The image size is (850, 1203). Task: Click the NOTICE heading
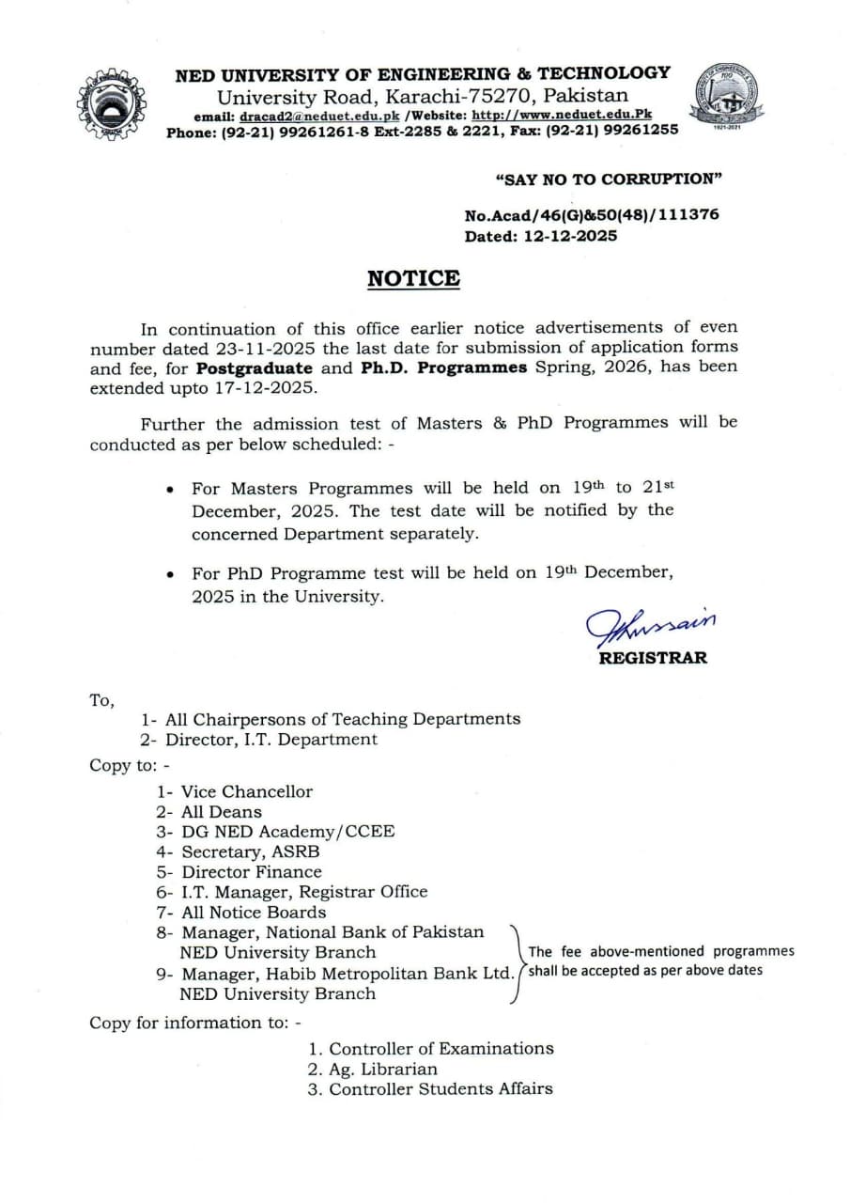coord(413,279)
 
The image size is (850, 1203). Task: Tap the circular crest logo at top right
coord(729,99)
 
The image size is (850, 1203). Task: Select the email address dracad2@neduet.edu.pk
coord(319,116)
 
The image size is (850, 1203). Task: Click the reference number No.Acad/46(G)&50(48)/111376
coord(592,215)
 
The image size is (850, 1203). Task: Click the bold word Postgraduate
coord(255,367)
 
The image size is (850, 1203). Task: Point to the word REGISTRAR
coord(653,658)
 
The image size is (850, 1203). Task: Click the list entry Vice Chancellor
coord(247,791)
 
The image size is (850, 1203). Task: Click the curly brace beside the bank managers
coord(516,962)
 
